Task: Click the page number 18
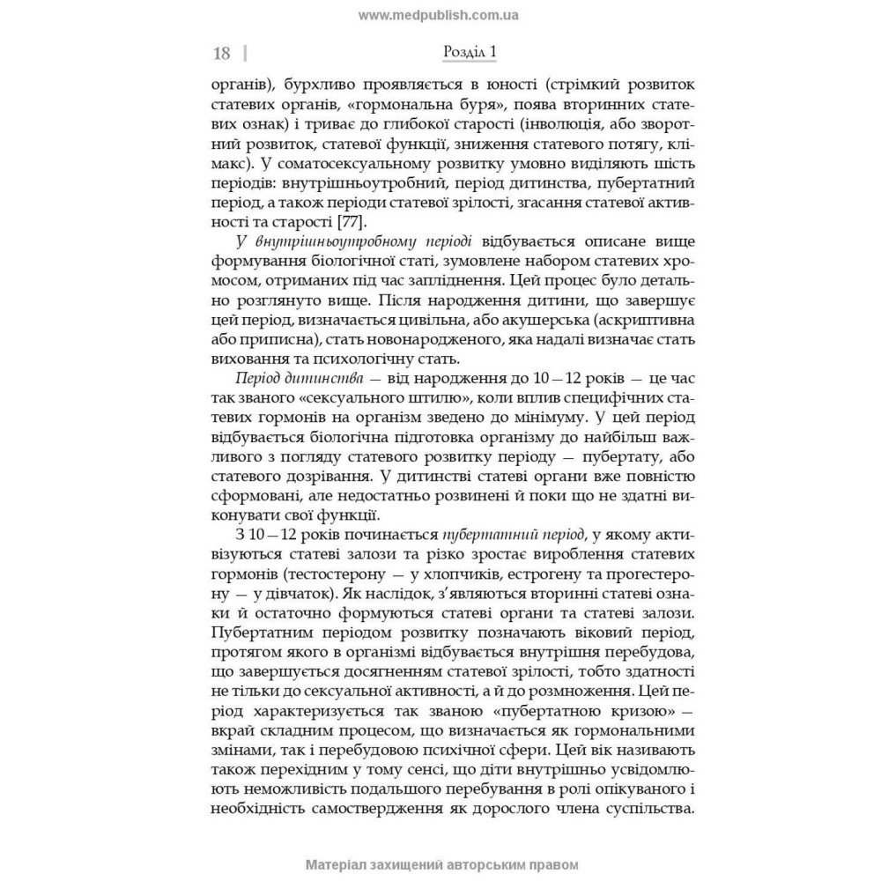point(221,54)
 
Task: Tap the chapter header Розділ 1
point(469,53)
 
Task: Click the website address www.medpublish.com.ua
point(440,15)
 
